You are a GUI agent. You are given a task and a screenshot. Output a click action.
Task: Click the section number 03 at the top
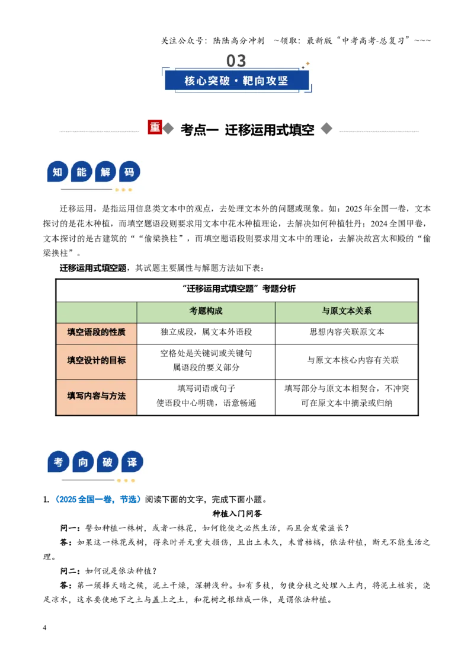click(x=236, y=61)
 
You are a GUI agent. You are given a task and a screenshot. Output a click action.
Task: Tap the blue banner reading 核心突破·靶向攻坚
click(x=236, y=81)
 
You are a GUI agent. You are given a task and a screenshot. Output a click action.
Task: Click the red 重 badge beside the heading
click(x=155, y=127)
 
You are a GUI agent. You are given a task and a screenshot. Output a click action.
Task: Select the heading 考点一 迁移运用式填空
click(x=247, y=130)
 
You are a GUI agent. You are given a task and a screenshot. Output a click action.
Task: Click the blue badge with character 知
click(x=57, y=172)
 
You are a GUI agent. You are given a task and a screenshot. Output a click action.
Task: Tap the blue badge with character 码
click(x=130, y=172)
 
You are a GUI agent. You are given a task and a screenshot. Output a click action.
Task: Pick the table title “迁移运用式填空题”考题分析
click(x=239, y=289)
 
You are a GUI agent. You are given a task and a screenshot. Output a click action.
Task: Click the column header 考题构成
click(x=206, y=311)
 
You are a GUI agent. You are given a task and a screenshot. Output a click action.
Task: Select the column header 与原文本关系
click(x=347, y=311)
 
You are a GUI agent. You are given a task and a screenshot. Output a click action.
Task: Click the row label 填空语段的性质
click(x=96, y=332)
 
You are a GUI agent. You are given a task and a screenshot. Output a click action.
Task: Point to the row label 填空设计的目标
click(x=96, y=360)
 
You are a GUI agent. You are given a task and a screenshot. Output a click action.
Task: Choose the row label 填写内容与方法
click(x=96, y=396)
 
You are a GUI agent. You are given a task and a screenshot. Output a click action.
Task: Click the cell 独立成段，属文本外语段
click(x=206, y=332)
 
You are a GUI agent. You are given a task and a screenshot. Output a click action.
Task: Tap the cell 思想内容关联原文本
click(x=347, y=332)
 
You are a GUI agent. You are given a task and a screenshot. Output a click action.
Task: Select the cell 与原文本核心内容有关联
click(x=353, y=360)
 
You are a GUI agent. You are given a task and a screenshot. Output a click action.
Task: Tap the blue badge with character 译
click(x=132, y=462)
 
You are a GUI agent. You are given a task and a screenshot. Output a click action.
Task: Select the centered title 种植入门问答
click(x=237, y=513)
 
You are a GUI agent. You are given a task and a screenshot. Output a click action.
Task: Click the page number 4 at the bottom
click(x=44, y=628)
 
